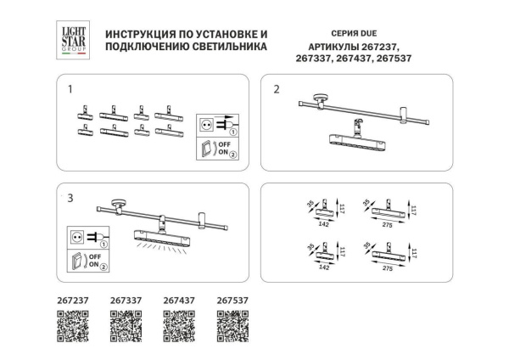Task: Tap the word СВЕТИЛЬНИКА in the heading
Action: (x=227, y=49)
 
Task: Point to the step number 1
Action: (x=71, y=87)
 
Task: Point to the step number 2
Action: (x=276, y=87)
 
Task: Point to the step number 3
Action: (x=71, y=197)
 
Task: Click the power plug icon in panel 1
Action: (x=215, y=125)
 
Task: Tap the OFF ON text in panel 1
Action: (x=224, y=150)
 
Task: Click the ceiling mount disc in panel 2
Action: (x=320, y=96)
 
